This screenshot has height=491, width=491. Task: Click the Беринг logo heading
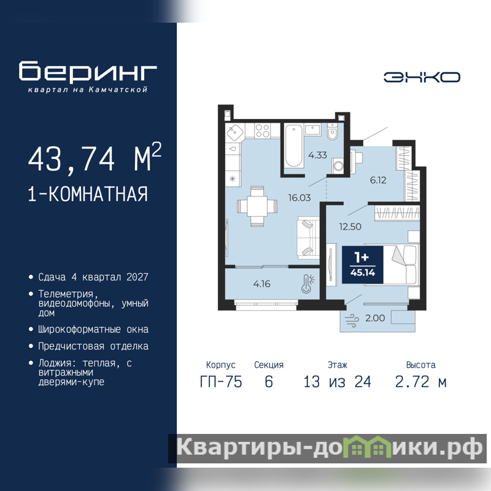pyautogui.click(x=88, y=71)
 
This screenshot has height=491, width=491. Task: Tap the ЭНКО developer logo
pyautogui.click(x=422, y=77)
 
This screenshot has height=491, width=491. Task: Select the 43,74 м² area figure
pyautogui.click(x=95, y=157)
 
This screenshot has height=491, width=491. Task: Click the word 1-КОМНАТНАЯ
pyautogui.click(x=88, y=194)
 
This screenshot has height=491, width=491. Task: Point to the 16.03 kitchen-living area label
pyautogui.click(x=300, y=198)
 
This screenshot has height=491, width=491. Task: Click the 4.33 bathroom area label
pyautogui.click(x=317, y=155)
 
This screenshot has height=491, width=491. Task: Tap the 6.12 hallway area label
pyautogui.click(x=378, y=180)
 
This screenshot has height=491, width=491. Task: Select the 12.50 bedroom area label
pyautogui.click(x=350, y=226)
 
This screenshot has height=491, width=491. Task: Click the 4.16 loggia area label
pyautogui.click(x=261, y=284)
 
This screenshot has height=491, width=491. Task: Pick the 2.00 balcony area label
pyautogui.click(x=375, y=318)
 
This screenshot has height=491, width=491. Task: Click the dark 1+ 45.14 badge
pyautogui.click(x=362, y=265)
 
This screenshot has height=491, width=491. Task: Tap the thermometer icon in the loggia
pyautogui.click(x=308, y=284)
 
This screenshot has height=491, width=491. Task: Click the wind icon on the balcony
pyautogui.click(x=352, y=320)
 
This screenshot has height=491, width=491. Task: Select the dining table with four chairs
pyautogui.click(x=257, y=206)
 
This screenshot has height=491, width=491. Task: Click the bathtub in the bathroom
pyautogui.click(x=294, y=146)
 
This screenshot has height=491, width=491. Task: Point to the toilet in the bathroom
pyautogui.click(x=332, y=131)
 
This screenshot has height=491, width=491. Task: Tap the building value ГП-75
pyautogui.click(x=221, y=382)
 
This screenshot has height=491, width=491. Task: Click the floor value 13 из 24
pyautogui.click(x=337, y=382)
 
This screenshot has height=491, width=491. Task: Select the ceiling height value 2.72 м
pyautogui.click(x=420, y=382)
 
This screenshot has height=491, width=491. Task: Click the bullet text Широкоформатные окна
pyautogui.click(x=93, y=330)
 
